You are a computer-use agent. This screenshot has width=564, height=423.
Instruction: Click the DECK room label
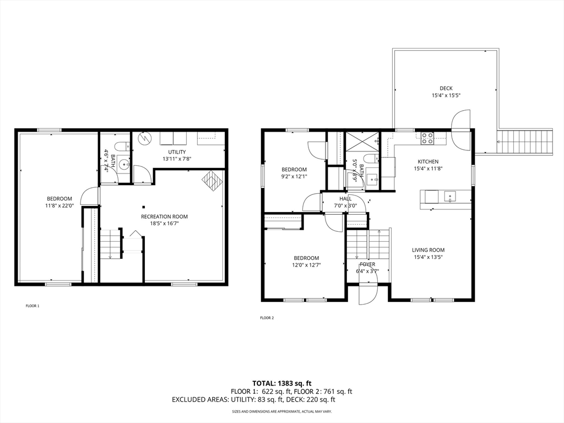[x=446, y=88]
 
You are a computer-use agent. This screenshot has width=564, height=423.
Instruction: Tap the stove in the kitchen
[x=427, y=138]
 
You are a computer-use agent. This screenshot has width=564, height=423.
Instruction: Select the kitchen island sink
[x=450, y=197]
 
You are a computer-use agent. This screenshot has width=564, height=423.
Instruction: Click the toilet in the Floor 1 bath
[x=121, y=147]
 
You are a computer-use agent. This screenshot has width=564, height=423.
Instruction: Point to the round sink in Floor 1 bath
[x=124, y=164]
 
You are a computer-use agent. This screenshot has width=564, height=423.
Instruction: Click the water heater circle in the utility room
[x=144, y=138]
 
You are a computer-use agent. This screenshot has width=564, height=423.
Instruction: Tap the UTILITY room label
[x=177, y=152]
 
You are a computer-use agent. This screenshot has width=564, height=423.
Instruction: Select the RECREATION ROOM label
[x=164, y=216]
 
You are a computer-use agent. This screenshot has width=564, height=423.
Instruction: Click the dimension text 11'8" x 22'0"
[x=59, y=206]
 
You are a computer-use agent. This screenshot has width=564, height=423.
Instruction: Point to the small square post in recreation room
[x=144, y=207]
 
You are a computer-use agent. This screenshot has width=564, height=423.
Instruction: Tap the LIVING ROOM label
[x=428, y=250]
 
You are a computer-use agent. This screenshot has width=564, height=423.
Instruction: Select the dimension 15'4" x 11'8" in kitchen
[x=428, y=169]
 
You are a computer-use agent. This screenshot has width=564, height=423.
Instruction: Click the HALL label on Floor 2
[x=345, y=198]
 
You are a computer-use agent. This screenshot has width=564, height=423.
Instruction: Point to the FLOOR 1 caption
[x=32, y=306]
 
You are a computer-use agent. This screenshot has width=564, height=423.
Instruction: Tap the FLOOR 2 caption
[x=267, y=318]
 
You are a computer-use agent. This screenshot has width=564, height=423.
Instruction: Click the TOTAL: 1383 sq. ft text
[x=281, y=383]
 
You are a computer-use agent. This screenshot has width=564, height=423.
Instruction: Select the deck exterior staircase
[x=525, y=142]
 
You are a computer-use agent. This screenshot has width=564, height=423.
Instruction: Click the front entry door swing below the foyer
[x=367, y=294]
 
